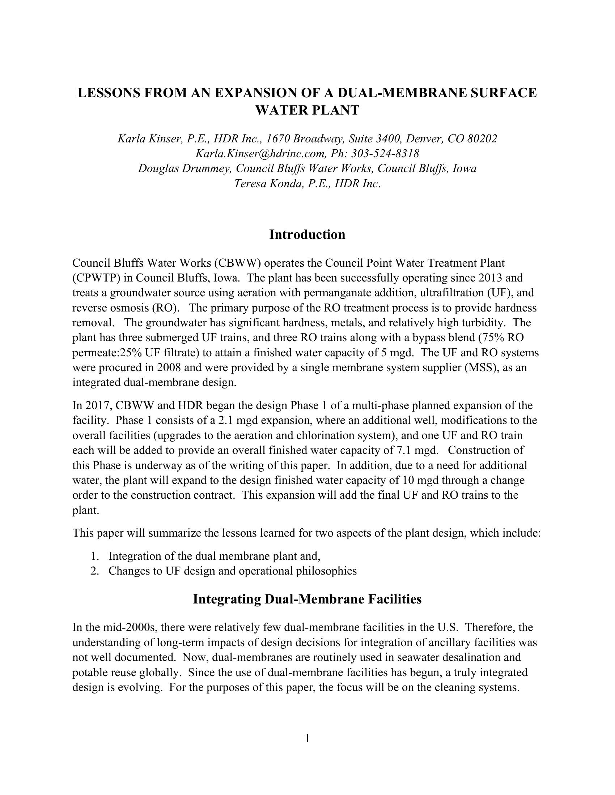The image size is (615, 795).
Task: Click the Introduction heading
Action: (x=307, y=235)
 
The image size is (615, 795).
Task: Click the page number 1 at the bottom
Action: (x=307, y=739)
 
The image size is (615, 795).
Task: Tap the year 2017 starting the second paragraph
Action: (x=98, y=405)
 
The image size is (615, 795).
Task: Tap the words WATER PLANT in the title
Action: (x=307, y=110)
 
